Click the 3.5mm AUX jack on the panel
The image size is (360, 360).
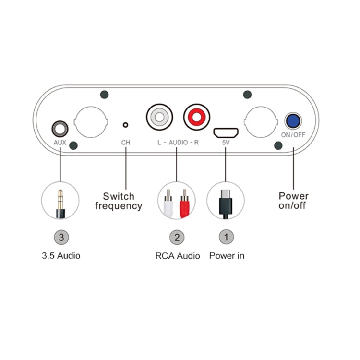(x=60, y=129)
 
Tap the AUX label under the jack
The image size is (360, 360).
(x=60, y=143)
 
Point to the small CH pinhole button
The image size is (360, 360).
(x=126, y=125)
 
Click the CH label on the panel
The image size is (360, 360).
(x=126, y=143)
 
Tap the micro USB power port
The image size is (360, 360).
(x=226, y=131)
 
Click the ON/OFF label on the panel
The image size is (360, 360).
(x=293, y=135)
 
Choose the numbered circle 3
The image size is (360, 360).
(x=60, y=237)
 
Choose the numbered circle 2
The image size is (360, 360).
(x=177, y=237)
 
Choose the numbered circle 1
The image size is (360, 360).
(x=226, y=237)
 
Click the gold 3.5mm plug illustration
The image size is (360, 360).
(x=60, y=201)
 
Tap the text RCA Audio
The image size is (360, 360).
(x=177, y=256)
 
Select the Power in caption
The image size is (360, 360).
(x=227, y=256)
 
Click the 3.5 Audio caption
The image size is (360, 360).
(x=61, y=256)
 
